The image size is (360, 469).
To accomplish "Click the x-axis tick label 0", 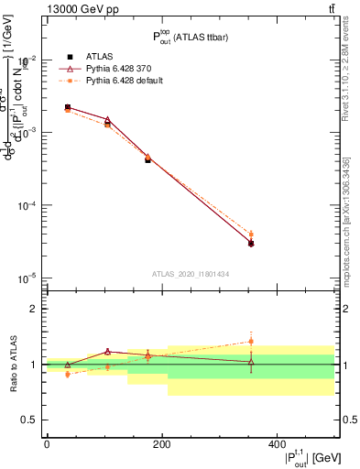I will pos(47,443).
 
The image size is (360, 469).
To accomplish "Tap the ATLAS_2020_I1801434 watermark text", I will pos(191,274).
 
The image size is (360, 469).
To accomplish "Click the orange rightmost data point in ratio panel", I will pos(251,342).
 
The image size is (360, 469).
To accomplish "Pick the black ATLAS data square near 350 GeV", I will pos(251,244).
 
